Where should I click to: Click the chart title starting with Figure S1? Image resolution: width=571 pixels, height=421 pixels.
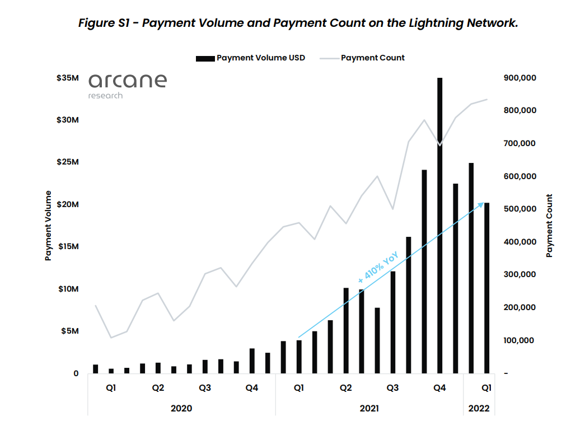(298, 23)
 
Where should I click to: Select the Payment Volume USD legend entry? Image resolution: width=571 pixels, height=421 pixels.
(260, 58)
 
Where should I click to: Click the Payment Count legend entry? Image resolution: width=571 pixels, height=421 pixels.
(372, 58)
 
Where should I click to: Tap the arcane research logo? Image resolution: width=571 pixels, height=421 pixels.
(127, 85)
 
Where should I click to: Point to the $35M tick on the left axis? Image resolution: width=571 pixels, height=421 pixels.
(67, 78)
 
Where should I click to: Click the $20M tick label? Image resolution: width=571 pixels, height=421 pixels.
(67, 204)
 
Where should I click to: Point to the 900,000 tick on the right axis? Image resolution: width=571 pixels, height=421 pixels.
(520, 78)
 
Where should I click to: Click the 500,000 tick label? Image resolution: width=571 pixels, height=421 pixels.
(520, 209)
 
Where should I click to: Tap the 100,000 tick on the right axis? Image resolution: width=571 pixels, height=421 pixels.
(520, 340)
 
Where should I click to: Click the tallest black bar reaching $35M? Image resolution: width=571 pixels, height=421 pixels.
(439, 224)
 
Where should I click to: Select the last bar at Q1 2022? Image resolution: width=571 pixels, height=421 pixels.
(486, 288)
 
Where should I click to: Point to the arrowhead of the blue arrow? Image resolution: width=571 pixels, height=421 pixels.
(481, 204)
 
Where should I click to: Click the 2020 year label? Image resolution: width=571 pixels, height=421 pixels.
(181, 408)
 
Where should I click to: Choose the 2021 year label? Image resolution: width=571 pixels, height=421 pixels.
(369, 408)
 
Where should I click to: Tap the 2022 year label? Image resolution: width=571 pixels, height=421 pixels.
(479, 408)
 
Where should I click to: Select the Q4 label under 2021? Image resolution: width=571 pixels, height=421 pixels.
(439, 388)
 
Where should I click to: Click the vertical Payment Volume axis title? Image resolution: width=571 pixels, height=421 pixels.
(48, 226)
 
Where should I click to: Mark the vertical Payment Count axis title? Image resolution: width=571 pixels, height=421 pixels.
(549, 226)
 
